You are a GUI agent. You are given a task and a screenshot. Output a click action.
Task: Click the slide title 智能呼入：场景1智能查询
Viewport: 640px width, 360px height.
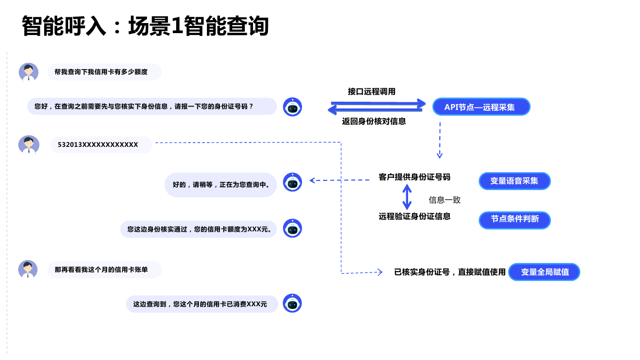tap(145, 26)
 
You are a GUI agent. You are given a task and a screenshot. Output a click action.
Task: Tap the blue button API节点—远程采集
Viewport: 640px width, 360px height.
tap(481, 107)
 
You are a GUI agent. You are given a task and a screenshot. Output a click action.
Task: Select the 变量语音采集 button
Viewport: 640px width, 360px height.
tap(514, 181)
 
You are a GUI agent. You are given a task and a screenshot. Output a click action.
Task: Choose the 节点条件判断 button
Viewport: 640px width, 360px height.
tap(514, 219)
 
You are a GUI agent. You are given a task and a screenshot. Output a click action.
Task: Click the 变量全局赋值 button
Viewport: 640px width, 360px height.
tap(544, 272)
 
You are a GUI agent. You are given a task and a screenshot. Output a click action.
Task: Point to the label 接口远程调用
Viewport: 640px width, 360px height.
tap(372, 92)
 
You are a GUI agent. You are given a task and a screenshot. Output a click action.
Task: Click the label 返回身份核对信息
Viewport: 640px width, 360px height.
tap(374, 122)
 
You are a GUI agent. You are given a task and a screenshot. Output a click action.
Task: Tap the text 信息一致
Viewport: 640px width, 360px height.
tap(445, 200)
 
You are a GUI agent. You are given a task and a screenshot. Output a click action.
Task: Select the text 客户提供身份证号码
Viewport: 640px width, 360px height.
tap(414, 177)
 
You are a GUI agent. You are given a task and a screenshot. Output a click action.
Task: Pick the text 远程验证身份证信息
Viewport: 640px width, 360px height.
tap(414, 216)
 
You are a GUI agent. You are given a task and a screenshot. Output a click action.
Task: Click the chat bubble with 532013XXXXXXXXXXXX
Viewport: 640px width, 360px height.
tap(101, 145)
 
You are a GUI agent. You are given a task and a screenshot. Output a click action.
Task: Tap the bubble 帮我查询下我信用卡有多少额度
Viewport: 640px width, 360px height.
tap(104, 72)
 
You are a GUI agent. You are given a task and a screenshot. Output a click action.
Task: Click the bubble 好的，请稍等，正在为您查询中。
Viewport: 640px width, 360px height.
tap(220, 185)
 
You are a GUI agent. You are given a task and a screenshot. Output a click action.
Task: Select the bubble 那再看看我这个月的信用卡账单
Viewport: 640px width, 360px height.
tap(104, 270)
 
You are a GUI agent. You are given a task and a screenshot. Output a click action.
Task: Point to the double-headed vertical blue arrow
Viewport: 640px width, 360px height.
tap(407, 197)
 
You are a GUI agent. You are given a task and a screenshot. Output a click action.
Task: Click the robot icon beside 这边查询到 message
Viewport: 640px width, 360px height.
tap(292, 303)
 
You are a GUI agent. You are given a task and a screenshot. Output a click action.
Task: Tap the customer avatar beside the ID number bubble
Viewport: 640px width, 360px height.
tap(29, 145)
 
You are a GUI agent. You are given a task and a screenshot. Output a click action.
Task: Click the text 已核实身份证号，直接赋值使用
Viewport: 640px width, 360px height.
tap(450, 272)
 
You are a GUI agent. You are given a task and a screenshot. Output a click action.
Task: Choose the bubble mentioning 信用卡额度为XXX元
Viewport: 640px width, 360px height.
tap(199, 229)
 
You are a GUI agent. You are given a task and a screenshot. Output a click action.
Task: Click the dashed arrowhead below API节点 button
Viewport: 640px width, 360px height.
tap(439, 155)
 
